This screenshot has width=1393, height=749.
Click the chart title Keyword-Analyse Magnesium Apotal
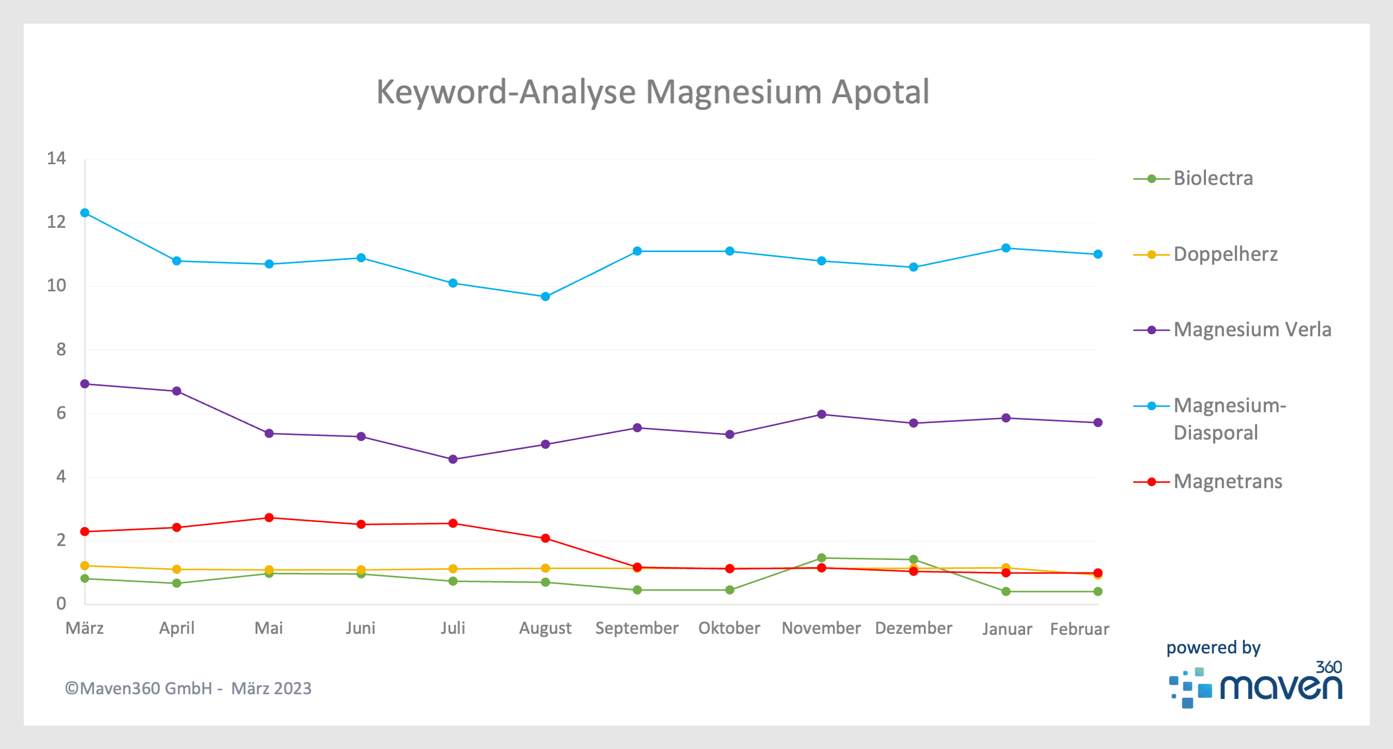pos(652,92)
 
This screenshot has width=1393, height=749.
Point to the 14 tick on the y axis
pos(56,159)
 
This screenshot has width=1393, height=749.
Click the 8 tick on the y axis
pos(60,349)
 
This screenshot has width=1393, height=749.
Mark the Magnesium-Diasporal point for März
pos(85,213)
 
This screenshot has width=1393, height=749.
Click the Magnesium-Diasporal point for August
pos(545,297)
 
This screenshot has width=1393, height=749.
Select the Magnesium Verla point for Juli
pos(453,459)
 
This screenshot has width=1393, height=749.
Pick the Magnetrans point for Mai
pos(269,518)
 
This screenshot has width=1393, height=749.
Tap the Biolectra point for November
pos(822,557)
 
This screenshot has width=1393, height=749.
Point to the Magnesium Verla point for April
pos(177,391)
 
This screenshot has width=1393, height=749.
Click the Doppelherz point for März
pos(85,566)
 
